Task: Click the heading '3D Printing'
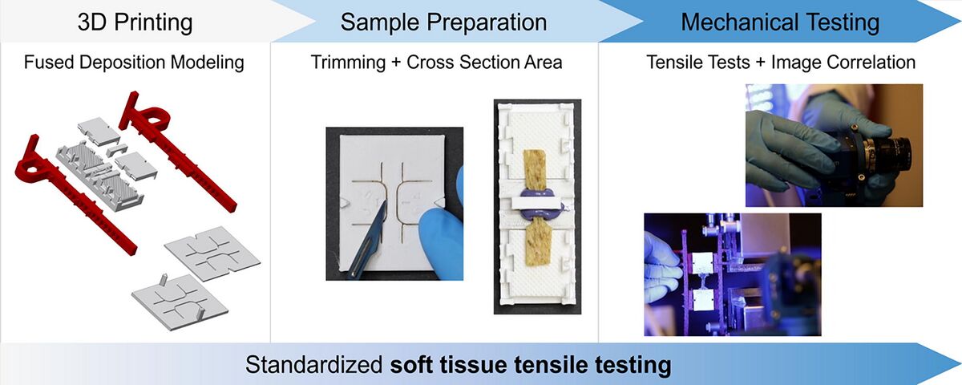click(x=135, y=22)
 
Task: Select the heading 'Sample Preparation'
click(x=443, y=22)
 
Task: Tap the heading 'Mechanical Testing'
click(x=780, y=22)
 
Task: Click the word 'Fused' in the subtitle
click(x=49, y=63)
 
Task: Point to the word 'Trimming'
click(x=348, y=63)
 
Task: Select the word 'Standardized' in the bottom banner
click(x=314, y=365)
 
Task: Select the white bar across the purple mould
click(x=538, y=204)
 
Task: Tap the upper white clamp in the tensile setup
click(x=702, y=262)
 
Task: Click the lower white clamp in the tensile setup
click(x=703, y=299)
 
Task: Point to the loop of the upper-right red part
click(x=156, y=115)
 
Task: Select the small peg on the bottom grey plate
click(x=164, y=279)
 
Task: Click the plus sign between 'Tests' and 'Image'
click(x=761, y=63)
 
